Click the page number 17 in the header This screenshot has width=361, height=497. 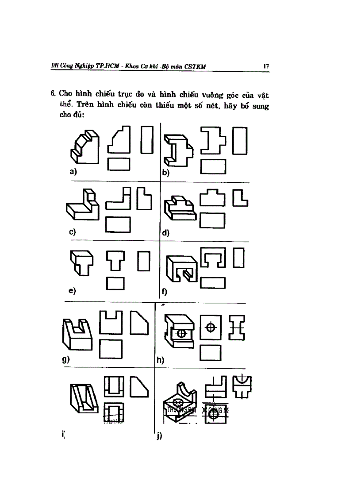point(266,66)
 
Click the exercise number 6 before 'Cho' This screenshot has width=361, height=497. point(53,94)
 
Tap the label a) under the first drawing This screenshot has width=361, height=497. point(73,171)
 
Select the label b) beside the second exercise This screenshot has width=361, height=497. point(165,173)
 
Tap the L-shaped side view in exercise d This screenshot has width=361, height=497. point(240,198)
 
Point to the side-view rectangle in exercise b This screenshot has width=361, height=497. point(239,140)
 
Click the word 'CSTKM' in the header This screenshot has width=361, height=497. point(195,67)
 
